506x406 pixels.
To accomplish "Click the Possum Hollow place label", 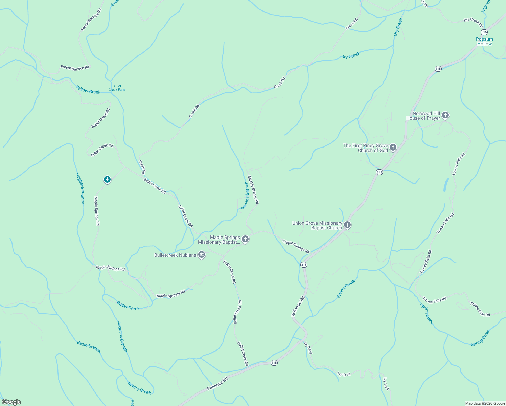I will coord(484,41).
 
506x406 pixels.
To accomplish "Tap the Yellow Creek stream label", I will coord(88,90).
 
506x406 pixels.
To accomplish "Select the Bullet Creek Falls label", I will coord(117,88).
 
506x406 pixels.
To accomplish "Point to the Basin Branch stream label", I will coord(89,347).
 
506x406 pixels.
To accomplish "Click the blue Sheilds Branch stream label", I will coord(245,195).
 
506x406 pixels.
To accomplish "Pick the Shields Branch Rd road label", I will coord(253,189).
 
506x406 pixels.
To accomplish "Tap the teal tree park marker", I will coord(107,179).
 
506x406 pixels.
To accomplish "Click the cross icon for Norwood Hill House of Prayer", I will coord(445,116).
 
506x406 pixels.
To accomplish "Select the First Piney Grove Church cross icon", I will coord(393,147).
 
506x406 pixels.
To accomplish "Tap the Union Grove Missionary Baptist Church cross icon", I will coord(347,225).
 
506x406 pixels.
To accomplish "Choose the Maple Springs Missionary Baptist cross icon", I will coord(245,239).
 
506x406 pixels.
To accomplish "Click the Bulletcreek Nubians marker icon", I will coord(202,255).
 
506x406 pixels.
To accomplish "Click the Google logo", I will coord(11,402).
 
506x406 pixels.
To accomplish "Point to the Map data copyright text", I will coord(485,403).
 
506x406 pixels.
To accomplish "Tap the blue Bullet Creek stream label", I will coord(128,306).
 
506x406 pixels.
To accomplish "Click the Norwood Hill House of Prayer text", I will coord(423,116).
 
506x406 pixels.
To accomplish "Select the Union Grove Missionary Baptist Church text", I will coord(317,225).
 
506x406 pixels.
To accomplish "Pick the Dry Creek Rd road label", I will coord(473,22).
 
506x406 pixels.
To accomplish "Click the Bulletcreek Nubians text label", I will coord(175,255).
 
